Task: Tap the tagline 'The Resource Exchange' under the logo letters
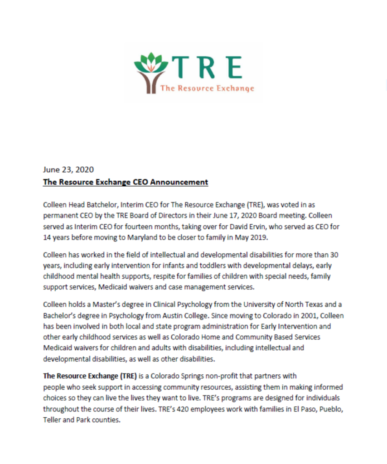pyautogui.click(x=207, y=88)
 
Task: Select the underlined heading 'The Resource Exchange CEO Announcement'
pyautogui.click(x=126, y=182)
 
